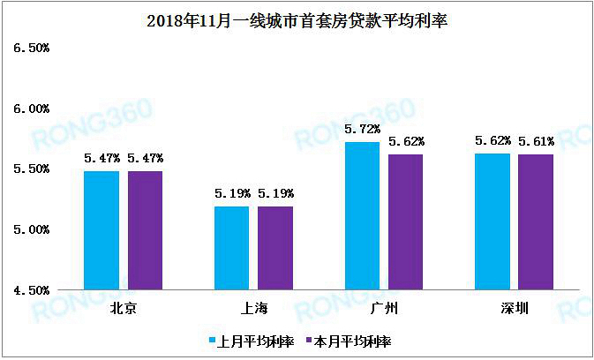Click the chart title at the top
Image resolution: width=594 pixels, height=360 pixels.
click(x=297, y=20)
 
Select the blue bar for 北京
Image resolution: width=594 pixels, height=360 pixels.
click(x=102, y=229)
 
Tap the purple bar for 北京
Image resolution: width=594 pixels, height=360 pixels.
click(x=145, y=229)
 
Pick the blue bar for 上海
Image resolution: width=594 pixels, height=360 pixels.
click(x=231, y=247)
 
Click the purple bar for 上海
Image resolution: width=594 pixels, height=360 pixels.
click(x=274, y=247)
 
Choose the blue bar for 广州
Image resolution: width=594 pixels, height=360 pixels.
click(x=362, y=215)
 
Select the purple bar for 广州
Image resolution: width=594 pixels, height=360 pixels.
click(x=405, y=221)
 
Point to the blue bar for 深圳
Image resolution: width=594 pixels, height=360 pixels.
click(x=492, y=221)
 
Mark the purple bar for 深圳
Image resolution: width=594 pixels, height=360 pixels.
click(x=535, y=221)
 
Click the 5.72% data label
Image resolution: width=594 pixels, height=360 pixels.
click(x=362, y=130)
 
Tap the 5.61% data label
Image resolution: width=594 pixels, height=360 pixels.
click(x=536, y=141)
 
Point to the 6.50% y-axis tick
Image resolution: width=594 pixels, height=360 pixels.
click(x=30, y=49)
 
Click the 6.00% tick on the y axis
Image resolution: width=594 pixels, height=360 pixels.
click(x=30, y=109)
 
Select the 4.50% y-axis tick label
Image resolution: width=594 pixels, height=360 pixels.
click(x=30, y=289)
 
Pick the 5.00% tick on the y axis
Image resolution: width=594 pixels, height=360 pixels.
click(x=30, y=229)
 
